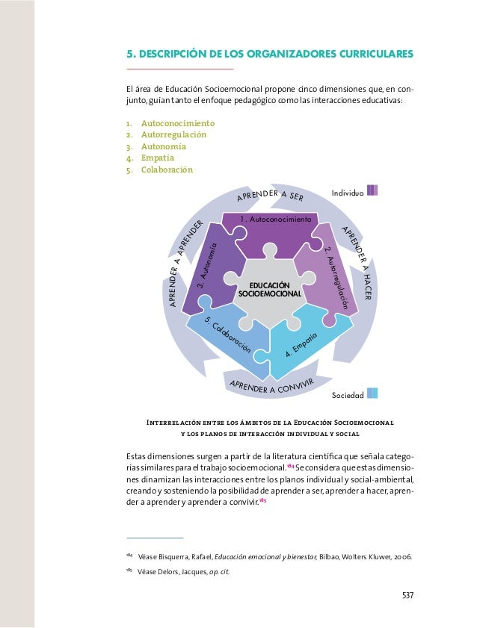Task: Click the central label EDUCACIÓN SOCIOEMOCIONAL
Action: tap(270, 290)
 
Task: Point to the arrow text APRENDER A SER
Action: tap(269, 196)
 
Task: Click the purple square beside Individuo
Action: tap(372, 190)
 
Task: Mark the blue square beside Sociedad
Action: tap(372, 393)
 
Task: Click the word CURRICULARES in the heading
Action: tap(365, 55)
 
